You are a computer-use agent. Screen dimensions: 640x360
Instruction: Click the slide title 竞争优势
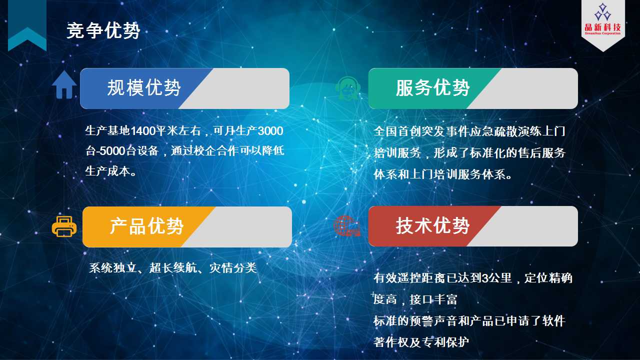103,30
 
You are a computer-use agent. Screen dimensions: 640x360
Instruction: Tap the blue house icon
64,84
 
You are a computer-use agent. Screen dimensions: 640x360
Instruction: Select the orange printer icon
64,226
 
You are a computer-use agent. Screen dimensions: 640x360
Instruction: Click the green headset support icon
347,88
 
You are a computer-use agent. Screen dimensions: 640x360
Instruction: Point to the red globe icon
347,225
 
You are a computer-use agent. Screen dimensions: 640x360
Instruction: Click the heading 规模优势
144,87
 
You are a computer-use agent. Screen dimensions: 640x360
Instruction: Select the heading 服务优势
432,87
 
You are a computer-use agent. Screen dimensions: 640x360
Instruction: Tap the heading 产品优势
146,226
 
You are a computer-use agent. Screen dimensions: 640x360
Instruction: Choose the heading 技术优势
432,225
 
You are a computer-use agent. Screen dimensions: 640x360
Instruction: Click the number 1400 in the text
143,131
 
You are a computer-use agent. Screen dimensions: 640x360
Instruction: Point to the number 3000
270,131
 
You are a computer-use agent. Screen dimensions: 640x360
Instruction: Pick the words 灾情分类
233,268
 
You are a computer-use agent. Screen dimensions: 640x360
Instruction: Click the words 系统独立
112,268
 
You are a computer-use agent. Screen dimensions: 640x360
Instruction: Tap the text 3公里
496,277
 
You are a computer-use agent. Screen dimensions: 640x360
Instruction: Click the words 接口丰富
433,299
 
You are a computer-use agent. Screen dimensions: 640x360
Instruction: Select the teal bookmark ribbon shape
27,25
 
